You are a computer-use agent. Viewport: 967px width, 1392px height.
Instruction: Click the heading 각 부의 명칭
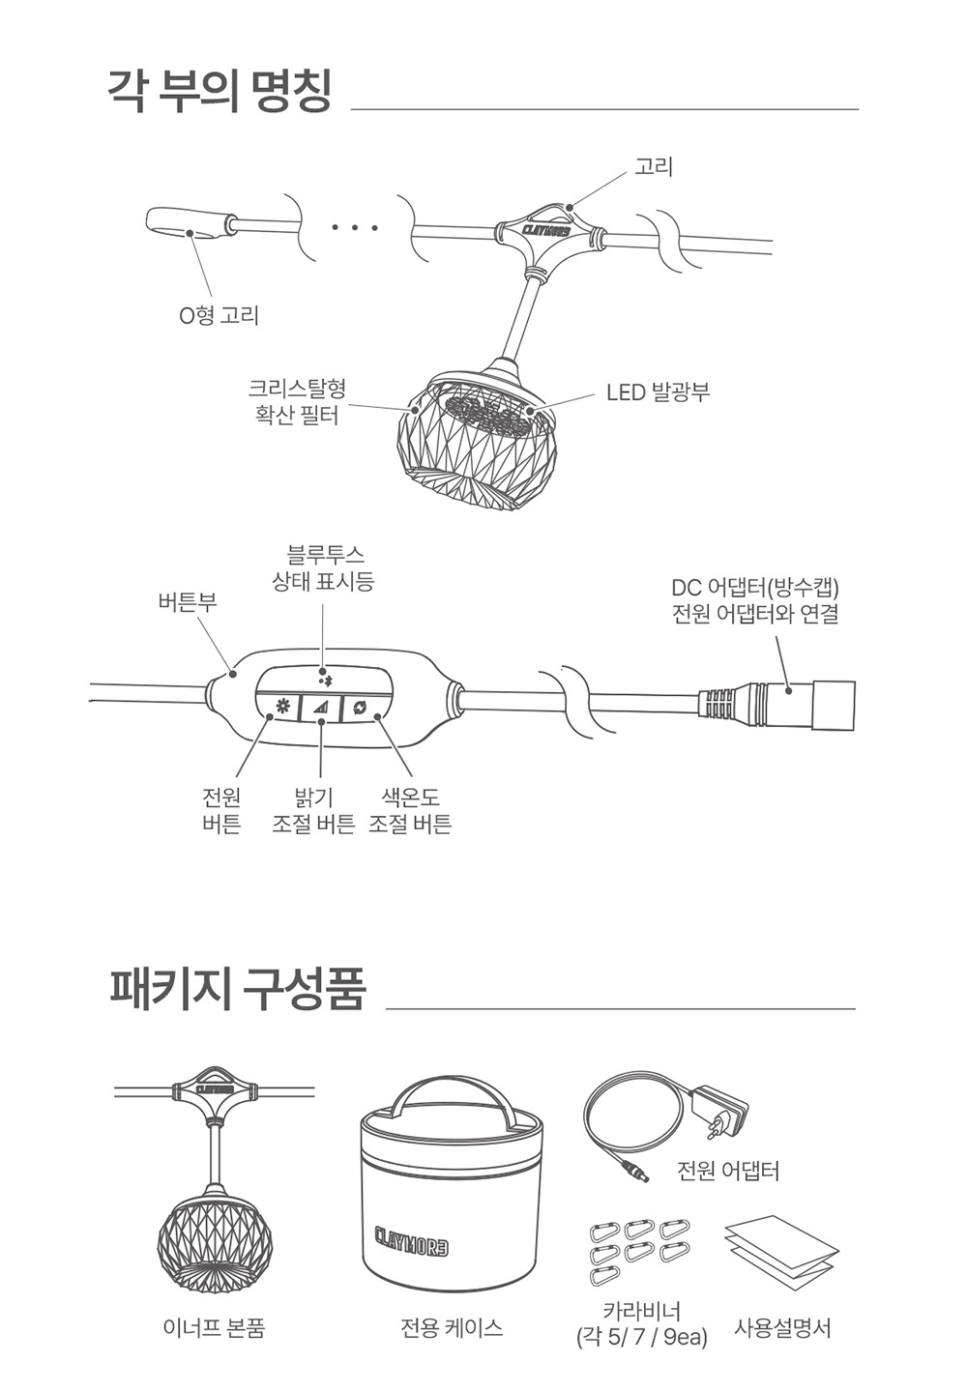[220, 92]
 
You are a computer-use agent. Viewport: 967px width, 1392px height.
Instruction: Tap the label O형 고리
[219, 315]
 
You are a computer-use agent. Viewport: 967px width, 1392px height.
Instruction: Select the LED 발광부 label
[658, 392]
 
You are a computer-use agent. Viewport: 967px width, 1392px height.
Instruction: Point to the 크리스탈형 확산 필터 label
[297, 402]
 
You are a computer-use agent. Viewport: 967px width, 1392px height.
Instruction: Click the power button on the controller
[283, 708]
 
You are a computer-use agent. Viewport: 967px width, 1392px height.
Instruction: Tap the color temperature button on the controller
[361, 708]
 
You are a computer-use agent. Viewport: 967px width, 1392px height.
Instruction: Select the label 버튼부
[188, 602]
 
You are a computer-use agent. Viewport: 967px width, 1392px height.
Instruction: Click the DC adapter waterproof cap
[833, 706]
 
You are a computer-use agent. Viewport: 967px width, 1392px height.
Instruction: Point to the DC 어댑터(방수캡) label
[755, 600]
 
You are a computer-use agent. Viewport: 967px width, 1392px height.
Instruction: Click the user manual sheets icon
[781, 1253]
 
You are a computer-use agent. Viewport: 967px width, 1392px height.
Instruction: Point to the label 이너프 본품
[214, 1328]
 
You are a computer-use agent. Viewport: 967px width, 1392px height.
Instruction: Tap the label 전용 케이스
[452, 1328]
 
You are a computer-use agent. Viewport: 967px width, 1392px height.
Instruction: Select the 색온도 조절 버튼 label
[410, 810]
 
